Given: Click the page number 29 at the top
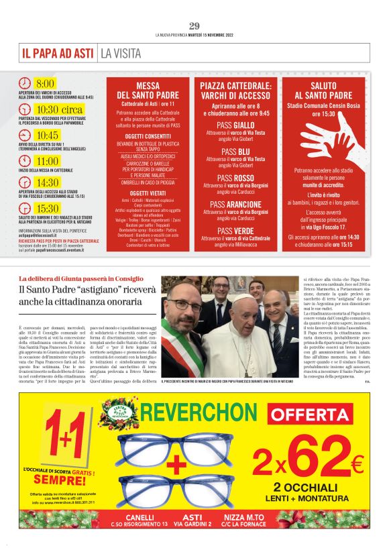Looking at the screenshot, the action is [194, 25].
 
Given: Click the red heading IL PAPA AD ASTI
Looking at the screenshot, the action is [58, 52].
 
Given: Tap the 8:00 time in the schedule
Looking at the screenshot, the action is [45, 84].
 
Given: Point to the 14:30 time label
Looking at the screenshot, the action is [47, 182].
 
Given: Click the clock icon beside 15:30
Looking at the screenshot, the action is [24, 209].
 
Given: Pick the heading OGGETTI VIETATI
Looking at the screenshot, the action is [148, 192].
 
